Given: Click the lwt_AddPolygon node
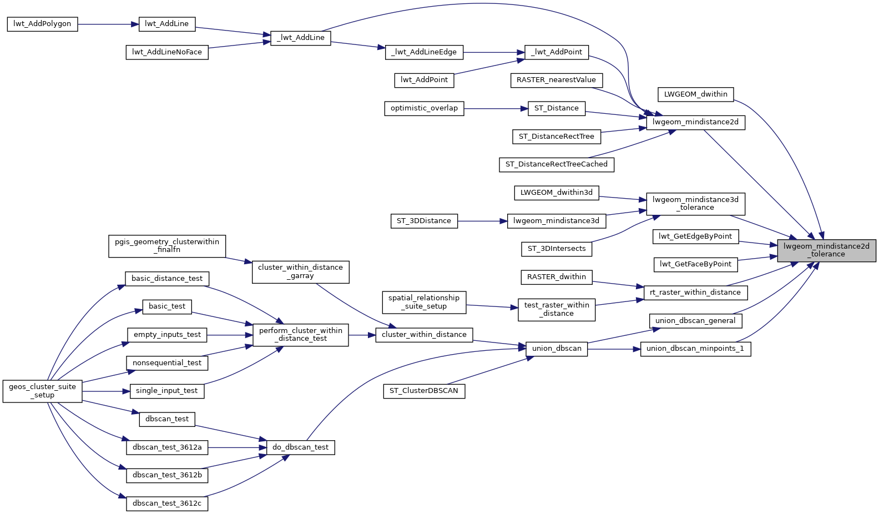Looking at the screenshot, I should click(42, 24).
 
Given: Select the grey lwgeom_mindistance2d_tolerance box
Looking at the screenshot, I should click(826, 250).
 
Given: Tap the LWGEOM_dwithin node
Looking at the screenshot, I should click(695, 94).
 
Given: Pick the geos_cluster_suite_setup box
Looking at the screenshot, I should click(43, 391).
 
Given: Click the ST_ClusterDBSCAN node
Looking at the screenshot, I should click(424, 391).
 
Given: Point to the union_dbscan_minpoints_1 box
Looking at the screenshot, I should click(695, 349).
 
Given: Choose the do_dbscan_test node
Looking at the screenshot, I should click(300, 447).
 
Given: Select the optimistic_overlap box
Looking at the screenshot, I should click(424, 108).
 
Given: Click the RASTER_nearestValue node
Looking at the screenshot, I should click(556, 80).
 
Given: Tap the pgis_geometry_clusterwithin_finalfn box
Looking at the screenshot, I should click(167, 245).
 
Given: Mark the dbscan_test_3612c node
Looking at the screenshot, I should click(167, 503).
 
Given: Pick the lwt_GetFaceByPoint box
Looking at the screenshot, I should click(695, 264).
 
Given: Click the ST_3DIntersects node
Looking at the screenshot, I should click(557, 249).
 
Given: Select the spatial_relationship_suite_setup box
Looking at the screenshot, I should click(424, 302).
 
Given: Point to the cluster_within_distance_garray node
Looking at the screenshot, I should click(300, 271).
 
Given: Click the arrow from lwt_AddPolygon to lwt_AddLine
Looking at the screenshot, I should click(108, 24).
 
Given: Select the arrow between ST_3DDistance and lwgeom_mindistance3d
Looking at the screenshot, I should click(482, 221).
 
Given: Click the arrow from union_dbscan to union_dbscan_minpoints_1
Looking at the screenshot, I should click(614, 349).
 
